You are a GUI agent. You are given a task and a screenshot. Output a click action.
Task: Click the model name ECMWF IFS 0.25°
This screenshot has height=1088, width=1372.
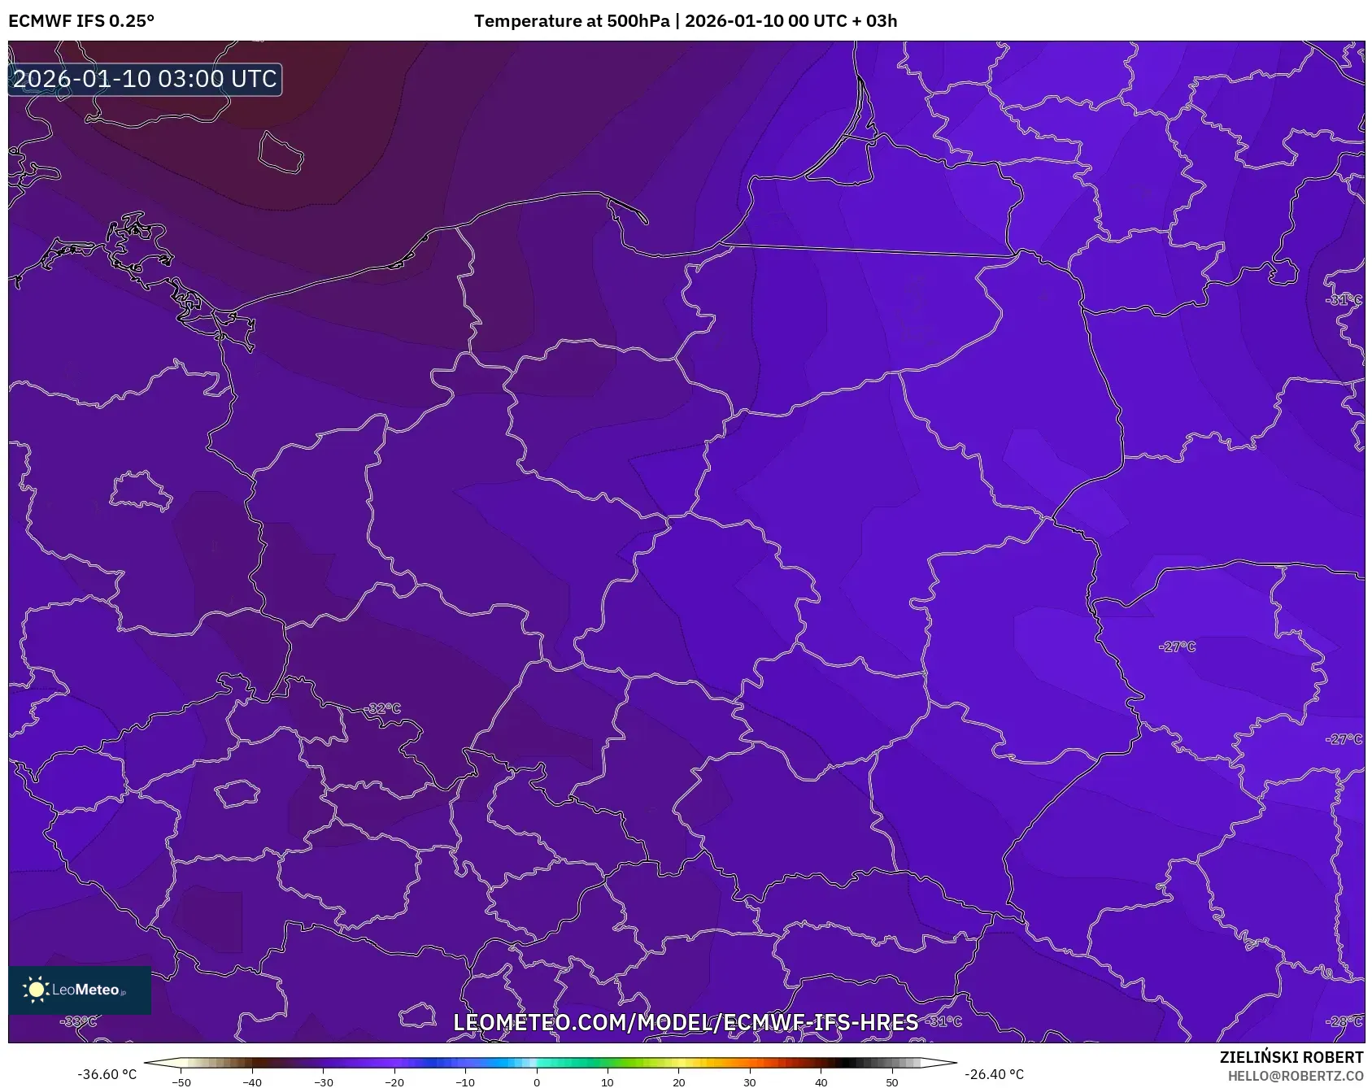pos(81,21)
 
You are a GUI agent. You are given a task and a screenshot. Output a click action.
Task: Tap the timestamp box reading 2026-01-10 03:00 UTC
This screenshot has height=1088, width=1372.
pos(145,79)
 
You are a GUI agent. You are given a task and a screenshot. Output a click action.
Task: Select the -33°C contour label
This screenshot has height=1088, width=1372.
pos(79,1021)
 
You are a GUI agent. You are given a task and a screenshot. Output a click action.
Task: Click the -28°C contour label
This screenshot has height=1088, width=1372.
pos(1344,1021)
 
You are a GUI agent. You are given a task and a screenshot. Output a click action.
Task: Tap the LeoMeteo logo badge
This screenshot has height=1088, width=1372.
pos(80,990)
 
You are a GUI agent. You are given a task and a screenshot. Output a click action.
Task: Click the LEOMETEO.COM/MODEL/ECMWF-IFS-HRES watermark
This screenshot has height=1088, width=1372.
pos(686,1022)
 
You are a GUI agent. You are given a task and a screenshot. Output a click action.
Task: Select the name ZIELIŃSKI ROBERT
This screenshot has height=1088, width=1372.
pos(1291,1057)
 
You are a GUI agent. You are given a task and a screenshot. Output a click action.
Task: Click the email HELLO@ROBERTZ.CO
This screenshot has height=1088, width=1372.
pos(1295,1076)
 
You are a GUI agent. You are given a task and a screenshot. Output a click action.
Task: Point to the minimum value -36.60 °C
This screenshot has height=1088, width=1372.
pos(107,1074)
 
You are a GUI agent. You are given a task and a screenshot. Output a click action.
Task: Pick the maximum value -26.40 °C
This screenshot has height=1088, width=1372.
pos(994,1074)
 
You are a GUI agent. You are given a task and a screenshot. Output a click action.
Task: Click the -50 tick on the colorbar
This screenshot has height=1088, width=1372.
pos(181,1081)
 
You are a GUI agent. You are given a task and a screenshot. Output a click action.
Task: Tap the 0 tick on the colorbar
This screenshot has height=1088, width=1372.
pos(537,1081)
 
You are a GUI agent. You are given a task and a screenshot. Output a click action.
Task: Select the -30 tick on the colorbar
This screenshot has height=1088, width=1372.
pos(324,1081)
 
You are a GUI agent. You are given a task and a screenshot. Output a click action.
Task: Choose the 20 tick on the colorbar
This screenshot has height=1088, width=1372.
pos(679,1081)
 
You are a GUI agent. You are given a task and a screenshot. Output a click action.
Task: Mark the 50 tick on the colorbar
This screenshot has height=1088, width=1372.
pos(892,1081)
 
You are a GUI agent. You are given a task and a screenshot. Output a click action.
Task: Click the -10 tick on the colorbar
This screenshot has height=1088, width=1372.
pos(465,1081)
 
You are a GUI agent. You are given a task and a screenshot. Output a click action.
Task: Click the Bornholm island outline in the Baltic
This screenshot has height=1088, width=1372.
pos(281,151)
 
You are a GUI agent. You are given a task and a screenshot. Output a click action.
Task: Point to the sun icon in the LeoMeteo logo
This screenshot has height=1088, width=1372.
pos(36,990)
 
